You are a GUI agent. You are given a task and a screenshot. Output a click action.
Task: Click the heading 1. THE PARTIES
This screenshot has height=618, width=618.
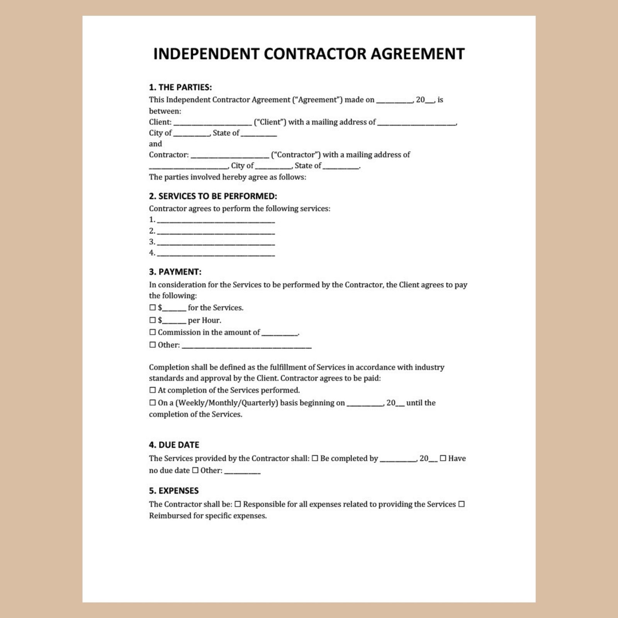click(x=180, y=87)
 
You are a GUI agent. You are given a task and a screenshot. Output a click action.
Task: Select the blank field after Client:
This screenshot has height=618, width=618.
click(x=212, y=123)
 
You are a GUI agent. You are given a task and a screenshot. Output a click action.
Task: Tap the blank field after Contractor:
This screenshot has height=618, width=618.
click(x=230, y=156)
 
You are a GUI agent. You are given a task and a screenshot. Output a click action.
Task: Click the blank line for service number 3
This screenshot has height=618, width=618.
click(x=216, y=243)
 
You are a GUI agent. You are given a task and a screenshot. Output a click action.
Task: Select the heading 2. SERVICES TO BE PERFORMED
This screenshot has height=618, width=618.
click(x=213, y=196)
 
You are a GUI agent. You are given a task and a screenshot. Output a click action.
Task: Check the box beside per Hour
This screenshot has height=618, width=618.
click(x=153, y=320)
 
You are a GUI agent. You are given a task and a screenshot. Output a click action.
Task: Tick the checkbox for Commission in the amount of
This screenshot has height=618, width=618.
click(x=153, y=332)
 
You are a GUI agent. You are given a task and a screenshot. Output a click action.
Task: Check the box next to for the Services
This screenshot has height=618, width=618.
click(x=153, y=308)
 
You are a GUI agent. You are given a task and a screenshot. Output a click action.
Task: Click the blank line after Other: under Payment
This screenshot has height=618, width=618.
click(x=246, y=346)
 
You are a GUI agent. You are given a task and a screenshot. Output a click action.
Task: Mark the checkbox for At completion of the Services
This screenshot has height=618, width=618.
click(x=153, y=390)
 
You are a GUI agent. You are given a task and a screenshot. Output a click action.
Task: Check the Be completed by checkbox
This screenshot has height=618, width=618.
click(x=315, y=458)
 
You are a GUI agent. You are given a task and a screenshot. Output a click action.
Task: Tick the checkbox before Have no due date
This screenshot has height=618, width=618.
click(x=443, y=458)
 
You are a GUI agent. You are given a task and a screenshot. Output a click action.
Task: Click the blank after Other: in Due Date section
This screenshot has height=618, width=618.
click(x=242, y=472)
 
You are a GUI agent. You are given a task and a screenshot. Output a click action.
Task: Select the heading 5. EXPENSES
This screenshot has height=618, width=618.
click(x=174, y=491)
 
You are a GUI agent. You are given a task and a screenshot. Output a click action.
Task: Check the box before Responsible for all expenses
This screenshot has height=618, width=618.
click(x=238, y=504)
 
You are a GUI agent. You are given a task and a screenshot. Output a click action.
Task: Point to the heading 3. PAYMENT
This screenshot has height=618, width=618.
click(x=175, y=272)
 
